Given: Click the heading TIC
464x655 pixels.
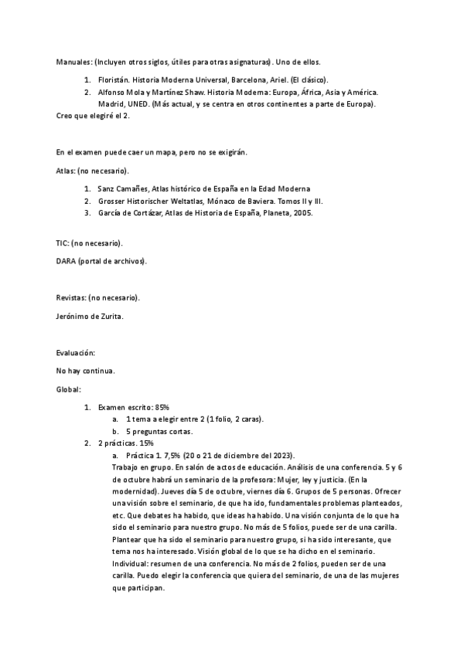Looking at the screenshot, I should (63, 243).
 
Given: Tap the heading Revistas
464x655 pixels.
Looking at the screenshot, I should (71, 297).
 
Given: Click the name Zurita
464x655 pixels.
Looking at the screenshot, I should (115, 316).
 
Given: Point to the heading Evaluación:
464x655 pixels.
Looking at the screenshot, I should (76, 353).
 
